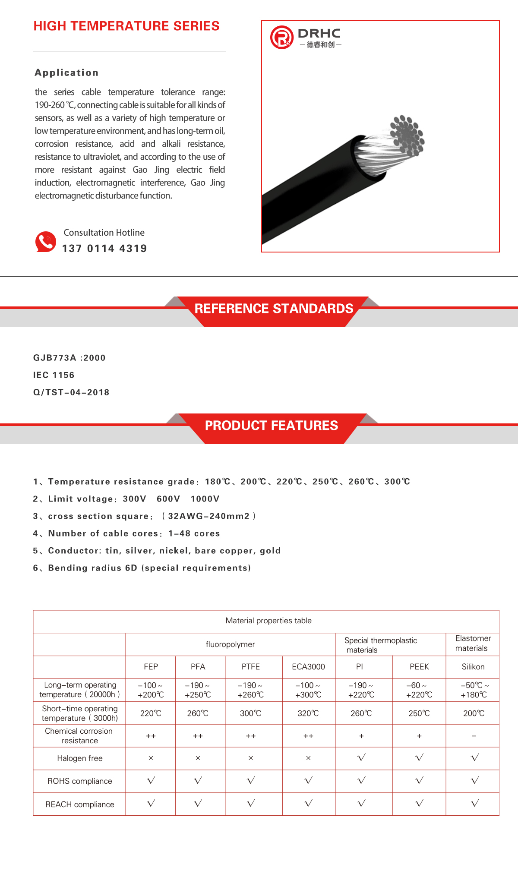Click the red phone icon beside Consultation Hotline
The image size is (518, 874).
pos(46,242)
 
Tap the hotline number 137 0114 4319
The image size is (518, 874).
pos(104,249)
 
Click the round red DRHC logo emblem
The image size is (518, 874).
pos(282,37)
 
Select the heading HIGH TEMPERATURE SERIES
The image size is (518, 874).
pos(126,26)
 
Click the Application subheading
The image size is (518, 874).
pos(66,73)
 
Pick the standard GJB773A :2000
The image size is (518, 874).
pos(69,358)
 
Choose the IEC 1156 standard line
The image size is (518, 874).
pos(54,375)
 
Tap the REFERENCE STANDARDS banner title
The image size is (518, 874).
pos(274,309)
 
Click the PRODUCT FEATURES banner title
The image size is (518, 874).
pos(271,426)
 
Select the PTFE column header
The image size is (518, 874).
pos(251,667)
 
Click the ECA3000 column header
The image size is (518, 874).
pos(308,667)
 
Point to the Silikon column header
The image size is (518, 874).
pos(473,667)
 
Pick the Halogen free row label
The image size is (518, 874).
pos(80,758)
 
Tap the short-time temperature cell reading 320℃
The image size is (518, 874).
pos(308,713)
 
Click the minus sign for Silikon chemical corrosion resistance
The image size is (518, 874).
pos(474,736)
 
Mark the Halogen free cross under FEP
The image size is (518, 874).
pos(151,758)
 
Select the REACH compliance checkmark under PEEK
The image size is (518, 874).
pos(419,803)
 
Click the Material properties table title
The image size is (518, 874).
pos(268,621)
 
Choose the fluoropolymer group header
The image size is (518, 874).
pos(230,644)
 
